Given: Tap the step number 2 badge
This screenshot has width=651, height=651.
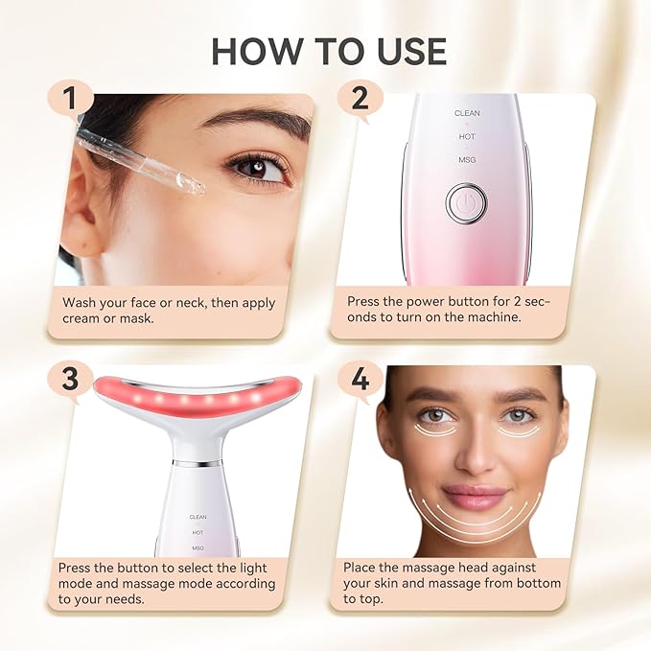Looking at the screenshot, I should pyautogui.click(x=360, y=98).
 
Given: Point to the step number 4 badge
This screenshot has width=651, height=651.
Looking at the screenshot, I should pyautogui.click(x=360, y=379).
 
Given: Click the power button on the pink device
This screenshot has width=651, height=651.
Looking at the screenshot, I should pyautogui.click(x=466, y=203).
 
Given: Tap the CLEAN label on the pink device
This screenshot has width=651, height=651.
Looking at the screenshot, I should pyautogui.click(x=467, y=113).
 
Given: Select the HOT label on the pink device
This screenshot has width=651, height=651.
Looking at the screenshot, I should pyautogui.click(x=467, y=137).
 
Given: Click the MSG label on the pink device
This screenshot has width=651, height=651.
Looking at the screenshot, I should pyautogui.click(x=467, y=160).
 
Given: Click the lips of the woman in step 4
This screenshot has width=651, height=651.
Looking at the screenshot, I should pyautogui.click(x=476, y=498).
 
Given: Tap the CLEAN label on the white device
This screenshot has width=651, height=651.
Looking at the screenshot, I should pyautogui.click(x=198, y=517).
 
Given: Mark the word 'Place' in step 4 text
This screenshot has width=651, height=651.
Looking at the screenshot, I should pyautogui.click(x=364, y=568).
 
